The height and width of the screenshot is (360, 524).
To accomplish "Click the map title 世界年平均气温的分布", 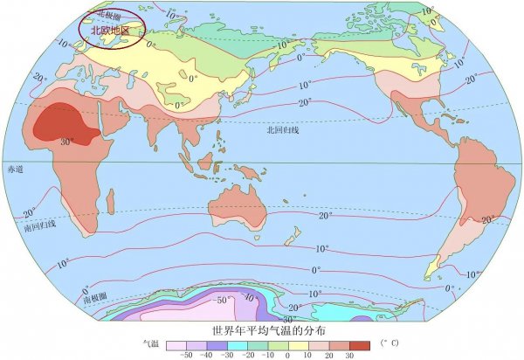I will click(x=263, y=331).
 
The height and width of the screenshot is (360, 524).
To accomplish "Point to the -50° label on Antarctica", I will click(x=222, y=301).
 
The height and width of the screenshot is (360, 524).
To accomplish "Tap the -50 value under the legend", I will click(x=185, y=355).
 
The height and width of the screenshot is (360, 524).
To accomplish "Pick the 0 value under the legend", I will click(x=289, y=355).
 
